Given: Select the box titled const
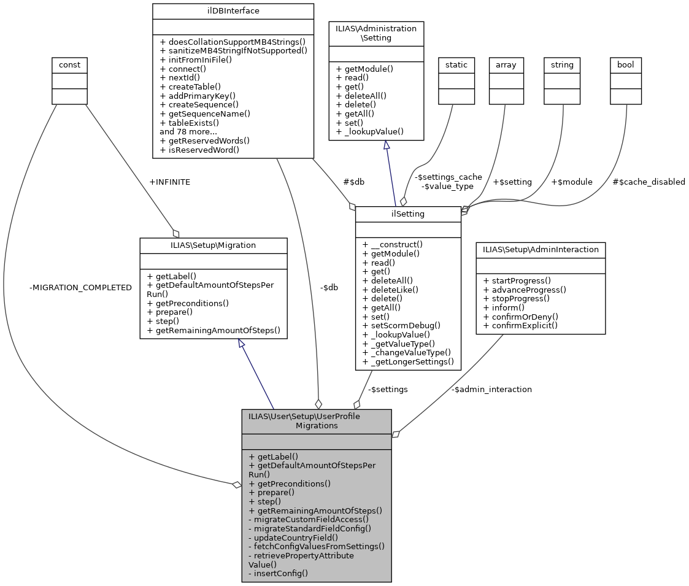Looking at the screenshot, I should pos(69,64).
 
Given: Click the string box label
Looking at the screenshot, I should pos(563,64).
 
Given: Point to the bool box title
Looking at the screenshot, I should pos(625,64).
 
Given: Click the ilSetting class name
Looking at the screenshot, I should pos(408,213).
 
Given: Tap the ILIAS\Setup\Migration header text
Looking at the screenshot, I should pos(214,245).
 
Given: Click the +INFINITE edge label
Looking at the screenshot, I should pos(169,182).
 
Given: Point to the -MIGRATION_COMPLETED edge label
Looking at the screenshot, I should pos(80,287).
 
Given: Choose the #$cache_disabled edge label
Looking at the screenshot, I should pos(649,182).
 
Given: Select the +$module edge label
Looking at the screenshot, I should pos(572,182).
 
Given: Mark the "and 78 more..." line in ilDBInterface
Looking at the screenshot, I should pos(188,131).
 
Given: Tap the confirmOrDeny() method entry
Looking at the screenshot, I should pos(524,316).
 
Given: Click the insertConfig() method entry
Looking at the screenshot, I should pos(278,573).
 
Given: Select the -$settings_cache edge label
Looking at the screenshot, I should pos(448,177).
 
